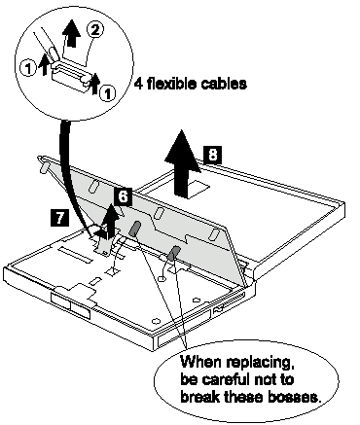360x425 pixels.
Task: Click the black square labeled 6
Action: pyautogui.click(x=123, y=196)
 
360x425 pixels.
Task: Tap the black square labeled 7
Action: pyautogui.click(x=59, y=217)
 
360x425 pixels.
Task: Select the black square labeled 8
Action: pyautogui.click(x=212, y=155)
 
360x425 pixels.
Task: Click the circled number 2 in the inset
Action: pyautogui.click(x=95, y=30)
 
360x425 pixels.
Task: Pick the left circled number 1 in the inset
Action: pyautogui.click(x=28, y=68)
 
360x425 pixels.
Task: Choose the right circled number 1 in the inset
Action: pyautogui.click(x=107, y=93)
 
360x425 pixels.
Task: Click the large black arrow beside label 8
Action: pyautogui.click(x=182, y=163)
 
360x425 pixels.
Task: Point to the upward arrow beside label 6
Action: pyautogui.click(x=110, y=221)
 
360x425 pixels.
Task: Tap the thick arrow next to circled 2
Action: pyautogui.click(x=72, y=33)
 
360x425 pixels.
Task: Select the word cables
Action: pyautogui.click(x=224, y=84)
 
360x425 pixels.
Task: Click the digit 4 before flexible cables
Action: pyautogui.click(x=139, y=84)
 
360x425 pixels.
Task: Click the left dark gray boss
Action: pyautogui.click(x=134, y=229)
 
